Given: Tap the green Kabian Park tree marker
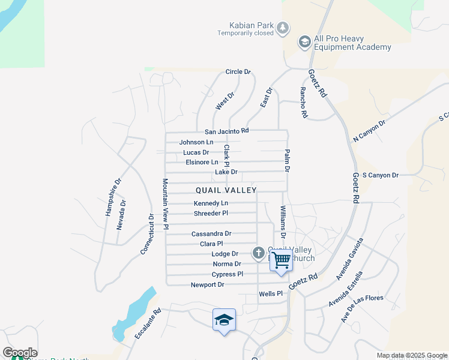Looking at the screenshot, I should coord(282,28).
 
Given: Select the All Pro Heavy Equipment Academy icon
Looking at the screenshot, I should coord(304,41).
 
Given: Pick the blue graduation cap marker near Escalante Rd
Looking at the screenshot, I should coord(224,320).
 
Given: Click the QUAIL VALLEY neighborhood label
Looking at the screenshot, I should coord(226,190).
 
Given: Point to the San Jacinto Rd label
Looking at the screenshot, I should coord(226,131).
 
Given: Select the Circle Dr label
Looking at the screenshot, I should coord(238,72).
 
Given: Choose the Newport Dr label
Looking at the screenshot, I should coord(208,284).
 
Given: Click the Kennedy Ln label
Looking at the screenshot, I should coord(211,203).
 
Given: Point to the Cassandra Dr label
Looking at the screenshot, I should coord(211,233).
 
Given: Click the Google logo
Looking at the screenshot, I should coord(20,353).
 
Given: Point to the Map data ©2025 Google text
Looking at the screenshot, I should coord(411,355).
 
